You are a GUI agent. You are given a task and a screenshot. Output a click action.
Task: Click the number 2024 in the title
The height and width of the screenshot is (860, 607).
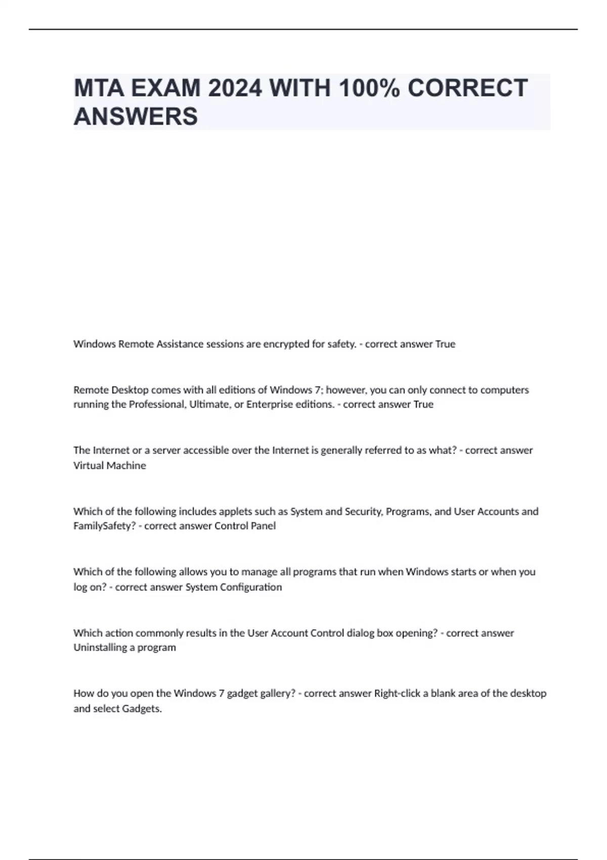pos(235,88)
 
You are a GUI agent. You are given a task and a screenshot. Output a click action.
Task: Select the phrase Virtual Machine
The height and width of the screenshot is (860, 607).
pos(110,465)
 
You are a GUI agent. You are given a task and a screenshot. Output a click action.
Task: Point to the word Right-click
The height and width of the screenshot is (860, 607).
pos(397,693)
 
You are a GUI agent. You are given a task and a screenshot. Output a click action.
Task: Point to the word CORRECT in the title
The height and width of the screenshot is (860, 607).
pos(467,88)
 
